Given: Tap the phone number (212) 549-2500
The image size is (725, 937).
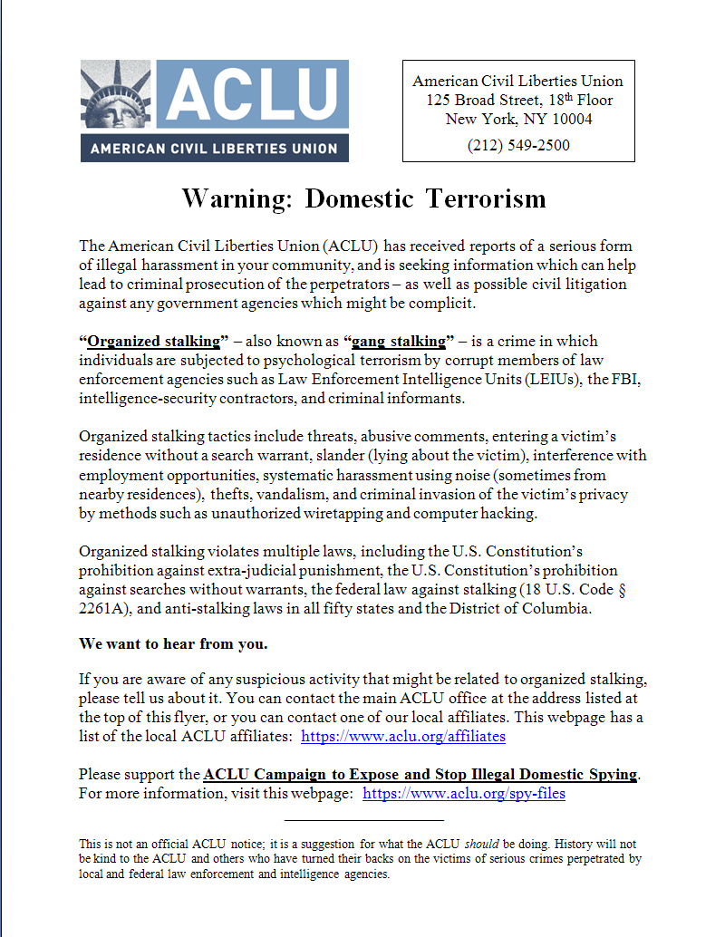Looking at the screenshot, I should coord(518,145).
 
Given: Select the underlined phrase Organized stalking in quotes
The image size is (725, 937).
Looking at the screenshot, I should coord(154,342).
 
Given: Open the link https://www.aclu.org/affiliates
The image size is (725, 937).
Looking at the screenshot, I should coord(402,737).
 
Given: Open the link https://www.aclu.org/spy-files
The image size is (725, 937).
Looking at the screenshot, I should coord(463,794).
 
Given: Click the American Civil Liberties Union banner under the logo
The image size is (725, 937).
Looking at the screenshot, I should coord(214,149).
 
